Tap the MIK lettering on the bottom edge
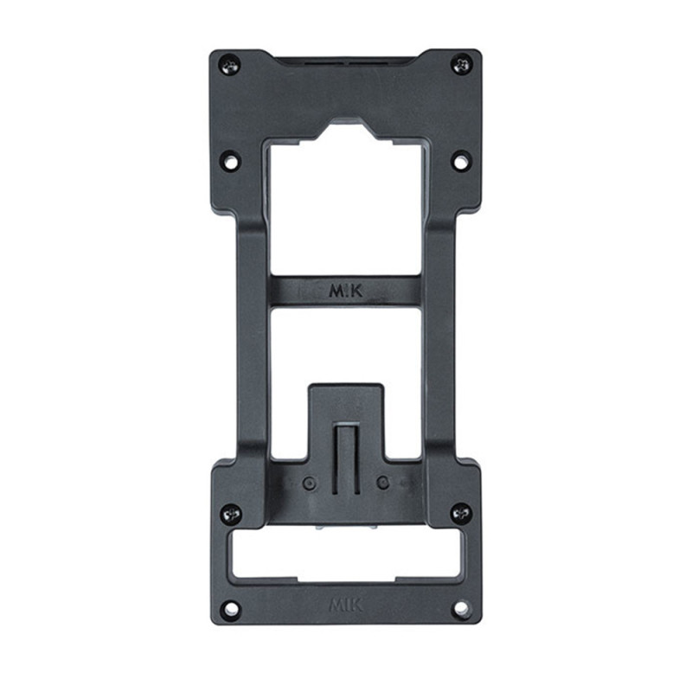tap(346, 605)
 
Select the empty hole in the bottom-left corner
tap(229, 608)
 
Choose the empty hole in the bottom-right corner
tap(462, 608)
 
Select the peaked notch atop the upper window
tap(346, 130)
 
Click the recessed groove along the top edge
tap(346, 61)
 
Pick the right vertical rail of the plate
tap(440, 346)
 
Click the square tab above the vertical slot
tap(346, 402)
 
